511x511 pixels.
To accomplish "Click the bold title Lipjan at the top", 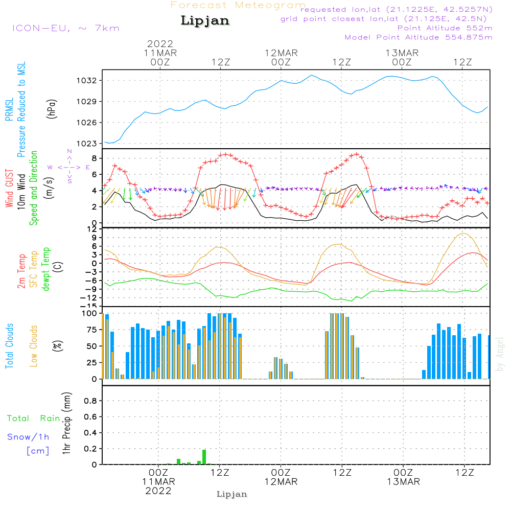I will [x=204, y=21].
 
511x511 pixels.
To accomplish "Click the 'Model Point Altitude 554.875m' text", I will [x=419, y=37].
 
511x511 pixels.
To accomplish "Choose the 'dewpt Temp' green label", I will [x=47, y=269].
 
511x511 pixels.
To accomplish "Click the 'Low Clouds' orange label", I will [x=34, y=346].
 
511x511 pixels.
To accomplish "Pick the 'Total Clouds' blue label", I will [x=10, y=346].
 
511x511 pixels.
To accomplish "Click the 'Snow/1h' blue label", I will [x=28, y=437].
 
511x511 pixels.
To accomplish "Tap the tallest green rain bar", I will [x=204, y=457].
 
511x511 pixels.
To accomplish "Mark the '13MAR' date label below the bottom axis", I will [x=403, y=482].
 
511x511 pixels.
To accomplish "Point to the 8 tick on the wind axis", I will [x=94, y=158].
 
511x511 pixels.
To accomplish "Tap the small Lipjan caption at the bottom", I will [x=232, y=494].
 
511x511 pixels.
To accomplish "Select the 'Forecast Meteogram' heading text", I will [x=238, y=5].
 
